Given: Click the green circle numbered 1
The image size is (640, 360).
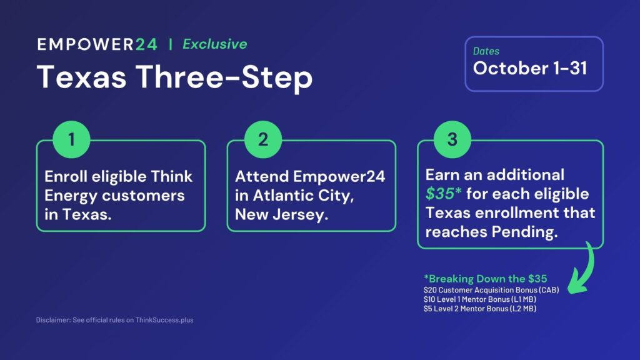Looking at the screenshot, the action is (x=71, y=139).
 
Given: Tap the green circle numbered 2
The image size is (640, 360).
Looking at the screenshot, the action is (x=263, y=139).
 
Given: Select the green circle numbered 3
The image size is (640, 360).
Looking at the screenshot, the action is (x=452, y=139).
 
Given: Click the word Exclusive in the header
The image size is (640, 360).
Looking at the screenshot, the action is (x=215, y=44).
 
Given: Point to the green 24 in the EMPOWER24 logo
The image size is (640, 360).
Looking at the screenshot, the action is (x=146, y=44).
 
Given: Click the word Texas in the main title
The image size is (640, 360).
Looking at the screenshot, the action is (x=82, y=77).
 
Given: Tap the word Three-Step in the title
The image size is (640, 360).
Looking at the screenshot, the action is (x=224, y=77).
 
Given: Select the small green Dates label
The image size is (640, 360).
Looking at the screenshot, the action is (x=486, y=51).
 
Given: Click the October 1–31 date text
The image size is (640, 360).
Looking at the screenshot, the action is (x=530, y=68).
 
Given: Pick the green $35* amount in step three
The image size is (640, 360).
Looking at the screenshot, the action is (x=443, y=194).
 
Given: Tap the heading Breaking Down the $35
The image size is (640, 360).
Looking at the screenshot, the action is (x=485, y=279).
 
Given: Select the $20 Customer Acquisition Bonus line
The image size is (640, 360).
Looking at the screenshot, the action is (x=491, y=290).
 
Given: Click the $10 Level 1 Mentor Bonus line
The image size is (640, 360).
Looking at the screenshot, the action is (x=479, y=299).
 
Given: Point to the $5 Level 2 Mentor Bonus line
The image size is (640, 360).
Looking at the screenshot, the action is (x=479, y=309).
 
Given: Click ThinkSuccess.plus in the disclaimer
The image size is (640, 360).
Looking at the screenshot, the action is (x=164, y=320).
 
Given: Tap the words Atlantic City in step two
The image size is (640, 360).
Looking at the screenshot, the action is (x=303, y=196).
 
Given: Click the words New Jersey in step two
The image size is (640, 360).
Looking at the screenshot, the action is (x=282, y=215).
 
